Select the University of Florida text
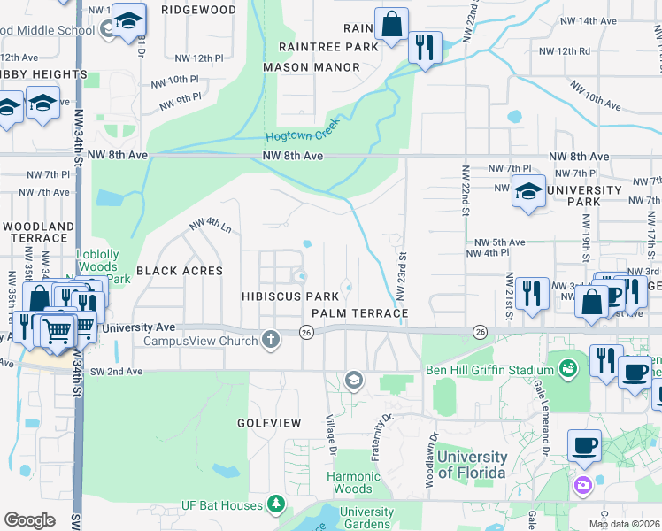pos(473,465)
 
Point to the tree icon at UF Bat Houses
pos(278,504)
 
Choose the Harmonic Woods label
pos(352,482)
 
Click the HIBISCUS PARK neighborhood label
pos(291,296)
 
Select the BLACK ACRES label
pos(179,271)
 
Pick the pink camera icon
pos(582,484)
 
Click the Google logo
pos(29,519)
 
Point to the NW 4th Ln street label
pos(211,227)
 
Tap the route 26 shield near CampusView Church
pos(306,332)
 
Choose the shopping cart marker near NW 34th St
pos(58,331)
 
